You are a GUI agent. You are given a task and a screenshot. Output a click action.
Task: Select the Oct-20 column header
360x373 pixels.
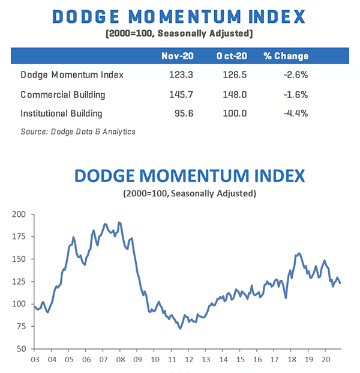(x=230, y=56)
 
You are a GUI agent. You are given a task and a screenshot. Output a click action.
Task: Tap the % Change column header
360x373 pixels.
(x=286, y=56)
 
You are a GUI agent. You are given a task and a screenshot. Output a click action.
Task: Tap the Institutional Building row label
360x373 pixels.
(x=61, y=113)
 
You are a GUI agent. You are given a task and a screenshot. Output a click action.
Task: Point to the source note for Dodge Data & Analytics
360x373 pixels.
(x=77, y=132)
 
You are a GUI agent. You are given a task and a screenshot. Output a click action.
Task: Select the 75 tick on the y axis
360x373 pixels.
(x=21, y=327)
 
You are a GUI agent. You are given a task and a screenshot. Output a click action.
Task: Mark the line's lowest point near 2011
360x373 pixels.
(x=180, y=328)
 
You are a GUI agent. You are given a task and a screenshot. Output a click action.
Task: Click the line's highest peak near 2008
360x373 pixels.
(x=119, y=222)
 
